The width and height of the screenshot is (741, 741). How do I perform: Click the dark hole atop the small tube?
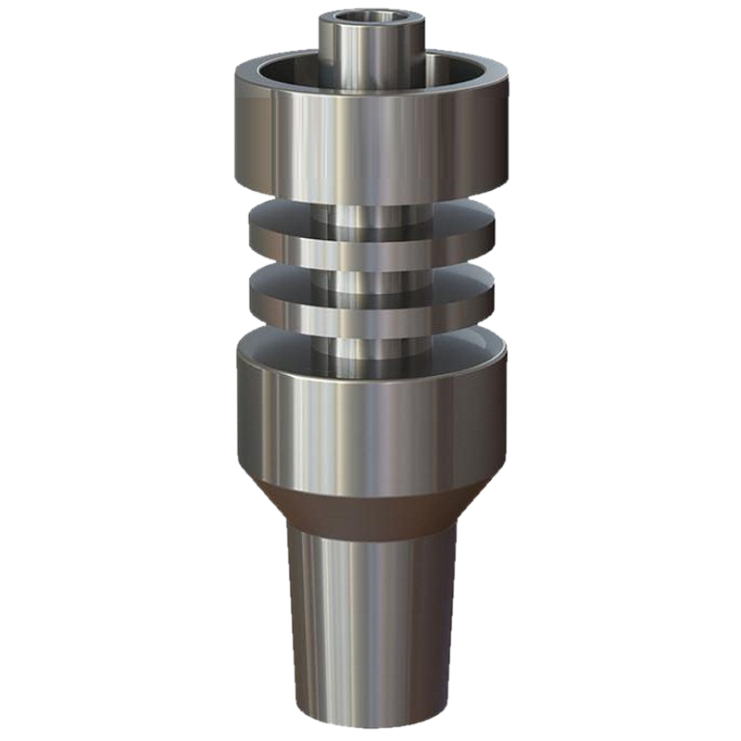[x=370, y=19]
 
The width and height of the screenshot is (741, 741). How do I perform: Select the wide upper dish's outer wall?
[x=370, y=130]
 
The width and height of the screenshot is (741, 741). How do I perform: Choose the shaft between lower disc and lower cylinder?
[x=370, y=347]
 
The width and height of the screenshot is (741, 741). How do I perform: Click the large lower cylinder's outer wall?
[x=370, y=417]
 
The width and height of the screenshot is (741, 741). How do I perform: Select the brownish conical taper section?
[x=370, y=505]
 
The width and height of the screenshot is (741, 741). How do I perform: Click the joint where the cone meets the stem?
[x=370, y=534]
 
